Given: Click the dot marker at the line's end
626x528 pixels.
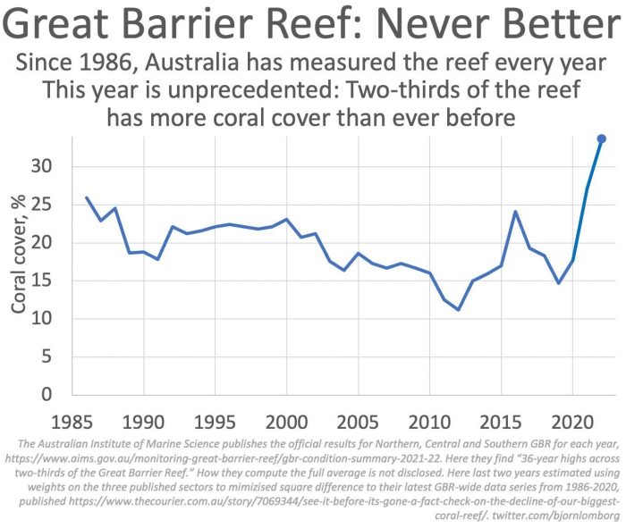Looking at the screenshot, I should [601, 138].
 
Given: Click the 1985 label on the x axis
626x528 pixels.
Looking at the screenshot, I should [71, 420].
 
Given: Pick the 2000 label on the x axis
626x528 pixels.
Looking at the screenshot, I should [286, 420].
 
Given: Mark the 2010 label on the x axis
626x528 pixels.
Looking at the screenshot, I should [429, 420].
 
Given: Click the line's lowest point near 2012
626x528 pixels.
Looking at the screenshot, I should [458, 310].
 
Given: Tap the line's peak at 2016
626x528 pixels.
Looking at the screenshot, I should [515, 212].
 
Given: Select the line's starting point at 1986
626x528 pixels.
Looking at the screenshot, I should [86, 197].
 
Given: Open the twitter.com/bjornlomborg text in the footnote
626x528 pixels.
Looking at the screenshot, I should [550, 515].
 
